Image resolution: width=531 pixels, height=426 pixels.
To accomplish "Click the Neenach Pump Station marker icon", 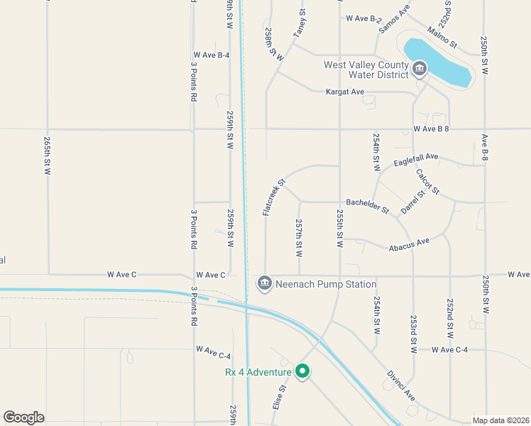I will tap(265, 284).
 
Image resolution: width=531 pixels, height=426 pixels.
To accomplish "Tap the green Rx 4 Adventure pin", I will tap(302, 371).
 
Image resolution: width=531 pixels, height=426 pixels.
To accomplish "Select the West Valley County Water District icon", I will tap(419, 69).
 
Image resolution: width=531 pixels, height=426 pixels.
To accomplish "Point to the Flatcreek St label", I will tap(273, 197).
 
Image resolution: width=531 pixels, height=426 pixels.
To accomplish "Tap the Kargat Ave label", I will tap(344, 92).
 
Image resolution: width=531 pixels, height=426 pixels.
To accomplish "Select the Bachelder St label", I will tap(368, 206).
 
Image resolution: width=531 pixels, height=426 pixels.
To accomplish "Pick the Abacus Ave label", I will tap(409, 244).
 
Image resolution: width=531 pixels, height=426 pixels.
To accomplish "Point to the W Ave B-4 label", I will tap(211, 55).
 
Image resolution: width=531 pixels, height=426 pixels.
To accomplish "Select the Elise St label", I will tap(278, 398).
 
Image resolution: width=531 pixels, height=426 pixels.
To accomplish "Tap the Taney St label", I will tap(300, 23).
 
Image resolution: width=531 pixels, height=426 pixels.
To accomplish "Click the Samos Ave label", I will tap(394, 19).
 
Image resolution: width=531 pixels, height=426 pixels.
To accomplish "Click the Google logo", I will tap(23, 417).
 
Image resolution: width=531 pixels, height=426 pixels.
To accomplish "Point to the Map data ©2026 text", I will tap(500, 420).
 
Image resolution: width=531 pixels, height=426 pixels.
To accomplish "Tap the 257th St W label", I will tap(299, 238).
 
